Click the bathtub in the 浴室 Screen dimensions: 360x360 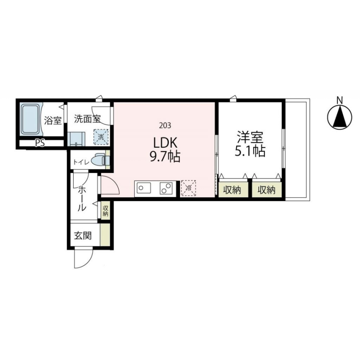(30, 119)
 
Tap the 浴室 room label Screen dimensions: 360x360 (53, 121)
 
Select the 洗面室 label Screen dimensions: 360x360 (87, 119)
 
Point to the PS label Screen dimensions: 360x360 (39, 143)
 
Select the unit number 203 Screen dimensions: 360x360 (165, 125)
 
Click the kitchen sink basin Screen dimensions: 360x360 (144, 188)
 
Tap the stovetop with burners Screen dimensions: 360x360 (165, 188)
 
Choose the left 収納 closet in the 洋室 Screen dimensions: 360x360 (232, 190)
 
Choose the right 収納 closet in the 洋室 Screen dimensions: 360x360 (266, 190)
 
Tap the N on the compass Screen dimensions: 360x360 (340, 100)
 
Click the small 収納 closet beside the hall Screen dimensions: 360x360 (105, 211)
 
